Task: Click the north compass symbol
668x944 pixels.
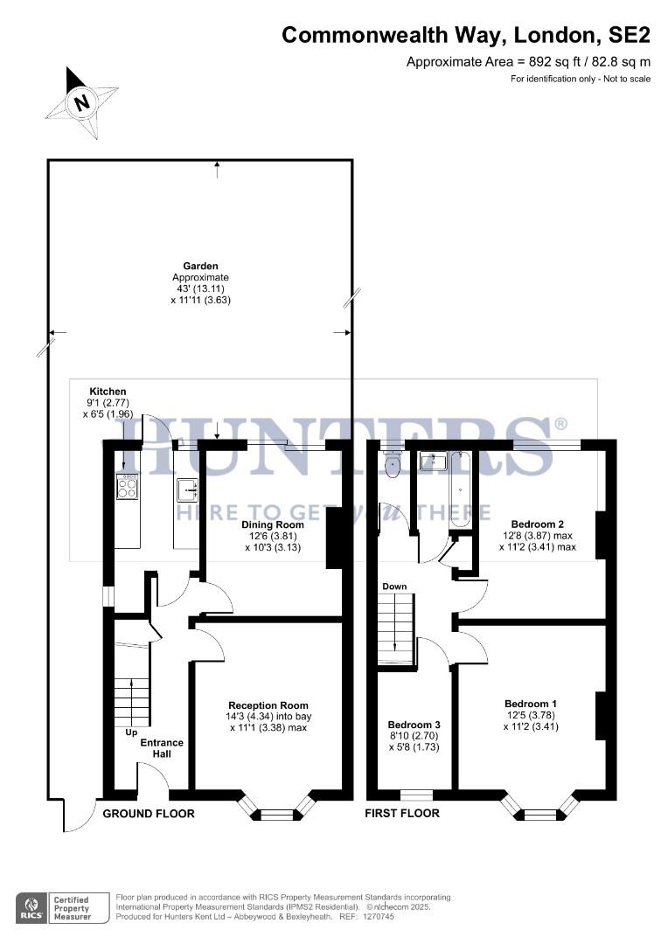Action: click(82, 102)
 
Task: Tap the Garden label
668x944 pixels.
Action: click(200, 266)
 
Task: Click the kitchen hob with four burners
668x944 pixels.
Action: click(127, 486)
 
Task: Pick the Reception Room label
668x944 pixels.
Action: click(268, 705)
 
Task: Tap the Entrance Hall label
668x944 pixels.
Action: click(163, 749)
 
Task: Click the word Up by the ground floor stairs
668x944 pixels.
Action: click(131, 732)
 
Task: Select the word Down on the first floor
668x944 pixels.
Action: click(393, 586)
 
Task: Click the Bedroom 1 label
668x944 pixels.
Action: click(530, 703)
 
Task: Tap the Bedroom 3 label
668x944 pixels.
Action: click(414, 725)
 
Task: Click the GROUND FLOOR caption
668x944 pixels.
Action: click(149, 814)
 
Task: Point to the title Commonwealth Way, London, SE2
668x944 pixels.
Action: click(465, 35)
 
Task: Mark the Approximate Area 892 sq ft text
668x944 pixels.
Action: click(529, 61)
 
